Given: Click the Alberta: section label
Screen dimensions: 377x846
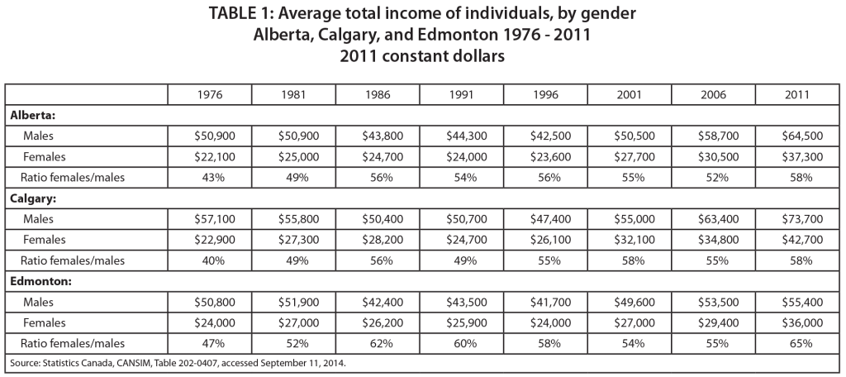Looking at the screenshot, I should coord(34,115).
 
